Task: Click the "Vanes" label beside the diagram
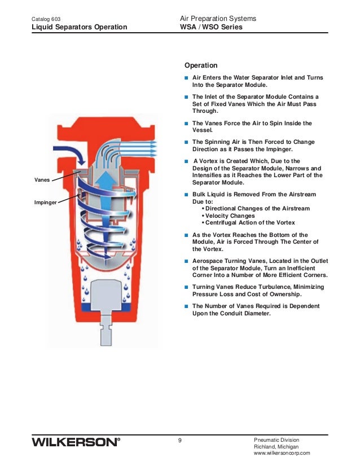[42, 179]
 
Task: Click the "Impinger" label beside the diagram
[45, 201]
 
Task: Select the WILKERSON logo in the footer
[76, 442]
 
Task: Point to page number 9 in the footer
[179, 440]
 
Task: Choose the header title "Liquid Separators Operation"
[79, 27]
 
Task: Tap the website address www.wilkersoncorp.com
[282, 453]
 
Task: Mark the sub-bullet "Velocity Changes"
[230, 216]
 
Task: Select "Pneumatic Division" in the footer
[277, 439]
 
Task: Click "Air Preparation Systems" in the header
[217, 19]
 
